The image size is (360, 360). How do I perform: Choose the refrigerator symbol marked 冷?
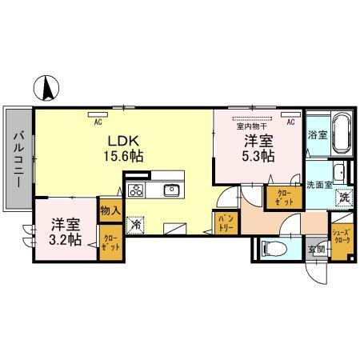[138, 224]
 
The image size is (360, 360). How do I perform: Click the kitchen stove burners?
[135, 190]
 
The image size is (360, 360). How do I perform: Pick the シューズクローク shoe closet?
[342, 238]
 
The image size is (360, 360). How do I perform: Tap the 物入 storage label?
[109, 211]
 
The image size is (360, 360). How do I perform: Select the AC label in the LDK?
[98, 122]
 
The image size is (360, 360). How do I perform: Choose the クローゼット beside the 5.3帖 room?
[283, 198]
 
